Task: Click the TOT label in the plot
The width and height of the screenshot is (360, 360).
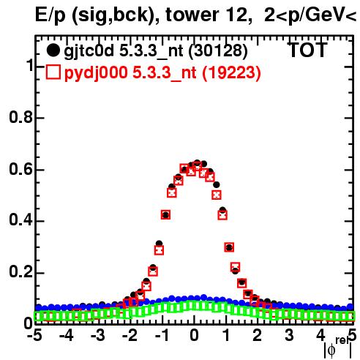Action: pyautogui.click(x=308, y=50)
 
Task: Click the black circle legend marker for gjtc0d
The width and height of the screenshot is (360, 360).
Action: pyautogui.click(x=53, y=50)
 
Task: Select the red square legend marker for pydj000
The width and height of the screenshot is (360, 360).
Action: pyautogui.click(x=53, y=72)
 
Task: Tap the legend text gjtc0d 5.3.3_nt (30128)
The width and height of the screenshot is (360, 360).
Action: pyautogui.click(x=156, y=51)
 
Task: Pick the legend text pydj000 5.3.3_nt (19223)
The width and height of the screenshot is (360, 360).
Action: pyautogui.click(x=162, y=73)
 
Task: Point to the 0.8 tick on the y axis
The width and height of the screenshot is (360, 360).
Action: pyautogui.click(x=21, y=118)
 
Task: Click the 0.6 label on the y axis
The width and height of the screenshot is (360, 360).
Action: pyautogui.click(x=21, y=169)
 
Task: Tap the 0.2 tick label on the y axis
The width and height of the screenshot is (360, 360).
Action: pyautogui.click(x=21, y=272)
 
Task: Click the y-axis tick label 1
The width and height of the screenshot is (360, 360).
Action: pyautogui.click(x=30, y=65)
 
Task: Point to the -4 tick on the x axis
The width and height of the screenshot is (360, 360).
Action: pyautogui.click(x=67, y=336)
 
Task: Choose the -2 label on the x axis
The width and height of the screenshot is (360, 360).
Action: pyautogui.click(x=130, y=336)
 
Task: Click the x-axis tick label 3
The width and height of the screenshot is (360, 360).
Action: pyautogui.click(x=289, y=336)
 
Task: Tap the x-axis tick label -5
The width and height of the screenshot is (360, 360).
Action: pyautogui.click(x=34, y=336)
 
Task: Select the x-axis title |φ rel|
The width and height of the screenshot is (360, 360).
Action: pyautogui.click(x=338, y=348)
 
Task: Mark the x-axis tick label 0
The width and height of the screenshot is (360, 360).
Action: pyautogui.click(x=194, y=336)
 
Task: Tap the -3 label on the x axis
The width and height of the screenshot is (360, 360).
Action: pyautogui.click(x=98, y=336)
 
